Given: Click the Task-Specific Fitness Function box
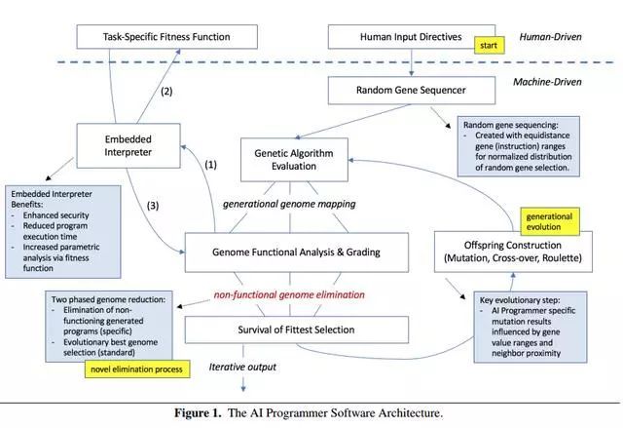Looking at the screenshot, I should [166, 37].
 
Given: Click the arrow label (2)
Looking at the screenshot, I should [165, 92].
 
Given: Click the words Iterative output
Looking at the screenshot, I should [243, 367].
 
